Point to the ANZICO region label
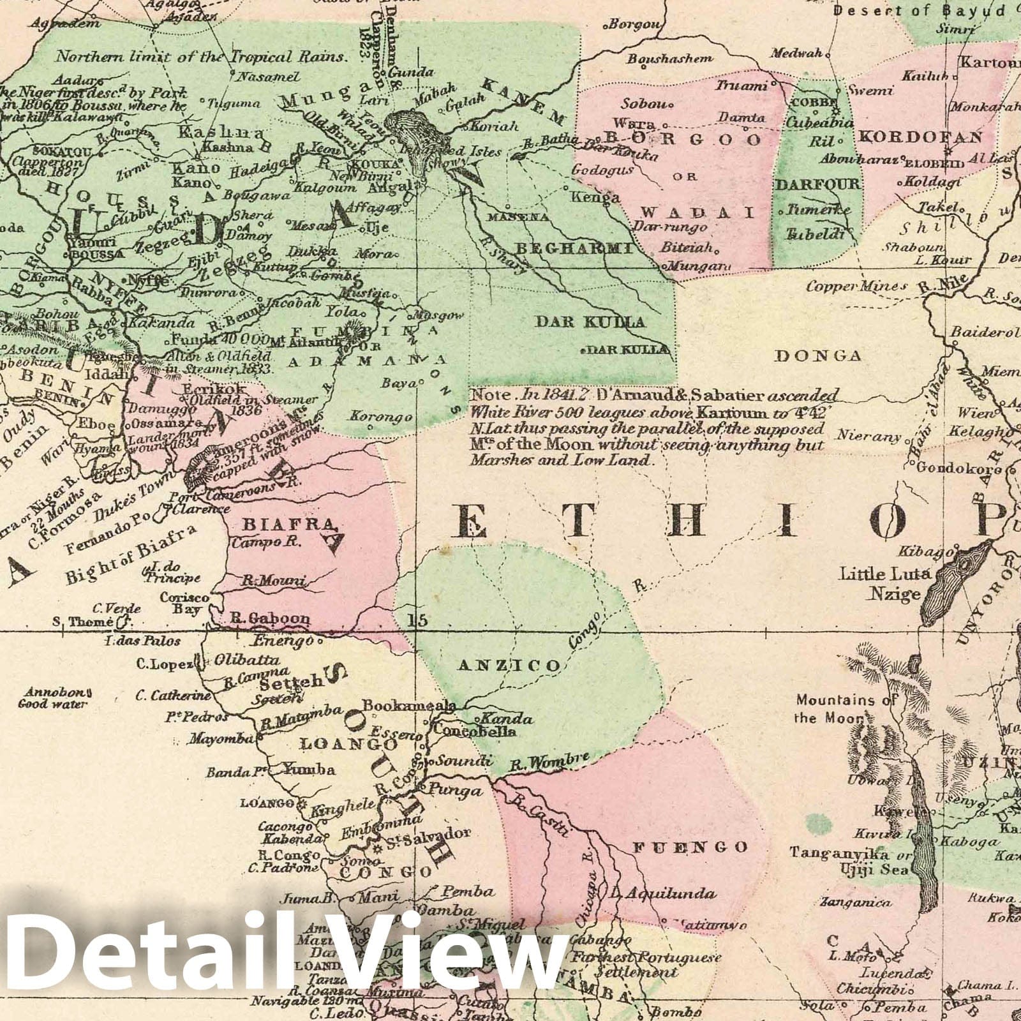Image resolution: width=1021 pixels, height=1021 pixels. (x=509, y=666)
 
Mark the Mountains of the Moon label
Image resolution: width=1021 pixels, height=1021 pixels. (x=846, y=708)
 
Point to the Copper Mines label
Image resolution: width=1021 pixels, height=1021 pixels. (x=856, y=286)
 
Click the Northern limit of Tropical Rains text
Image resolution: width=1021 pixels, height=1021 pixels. (x=201, y=56)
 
